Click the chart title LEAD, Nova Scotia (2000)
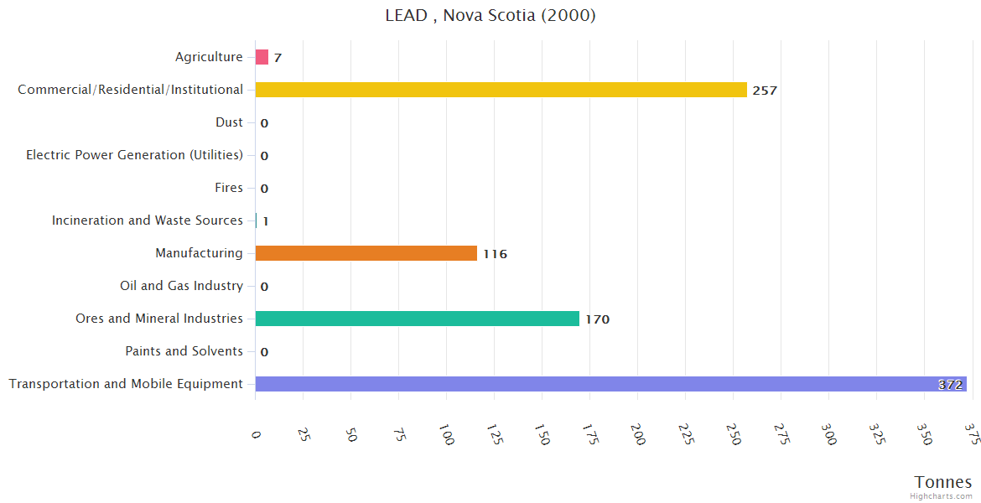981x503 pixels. pos(490,15)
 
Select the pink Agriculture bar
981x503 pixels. pos(262,57)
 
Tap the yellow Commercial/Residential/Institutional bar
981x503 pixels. pos(501,90)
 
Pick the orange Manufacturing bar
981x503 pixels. pos(366,253)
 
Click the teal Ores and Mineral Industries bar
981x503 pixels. pos(417,319)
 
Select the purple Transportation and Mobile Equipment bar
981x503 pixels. pos(610,384)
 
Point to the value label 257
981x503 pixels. pos(765,91)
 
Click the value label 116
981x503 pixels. pos(495,254)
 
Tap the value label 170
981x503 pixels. pos(597,319)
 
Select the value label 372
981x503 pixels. pos(950,385)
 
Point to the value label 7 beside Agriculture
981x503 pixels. pos(278,58)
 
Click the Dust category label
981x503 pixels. pos(229,122)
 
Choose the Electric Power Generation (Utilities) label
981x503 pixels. pos(134,155)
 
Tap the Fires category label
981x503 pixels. pos(228,188)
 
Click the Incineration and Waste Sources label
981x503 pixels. pos(147,220)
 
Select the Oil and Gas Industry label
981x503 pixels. pos(181,286)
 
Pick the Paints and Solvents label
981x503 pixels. pos(184,351)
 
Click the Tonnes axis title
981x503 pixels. pos(942,482)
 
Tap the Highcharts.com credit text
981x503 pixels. pos(942,496)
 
